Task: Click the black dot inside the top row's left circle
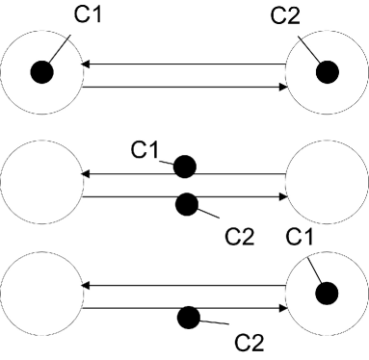click(x=41, y=71)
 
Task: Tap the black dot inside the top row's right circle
click(x=327, y=71)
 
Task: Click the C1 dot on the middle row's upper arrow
click(x=185, y=167)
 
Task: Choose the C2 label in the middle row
click(x=238, y=234)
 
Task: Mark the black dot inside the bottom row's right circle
click(x=328, y=292)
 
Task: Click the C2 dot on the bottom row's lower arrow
click(x=190, y=316)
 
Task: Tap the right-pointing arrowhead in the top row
click(x=283, y=87)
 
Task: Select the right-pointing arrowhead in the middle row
click(x=283, y=196)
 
